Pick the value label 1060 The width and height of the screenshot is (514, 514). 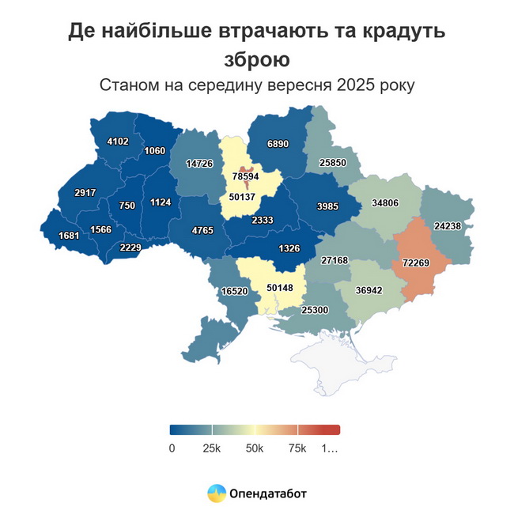[155, 151]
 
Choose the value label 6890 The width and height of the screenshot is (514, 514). [280, 144]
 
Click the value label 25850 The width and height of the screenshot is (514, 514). [332, 162]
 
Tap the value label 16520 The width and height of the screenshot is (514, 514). [236, 291]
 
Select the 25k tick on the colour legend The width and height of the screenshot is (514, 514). [211, 448]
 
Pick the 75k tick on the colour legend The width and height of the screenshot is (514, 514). [297, 448]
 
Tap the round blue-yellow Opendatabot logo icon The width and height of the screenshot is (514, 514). [216, 493]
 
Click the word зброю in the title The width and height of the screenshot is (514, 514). [256, 59]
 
